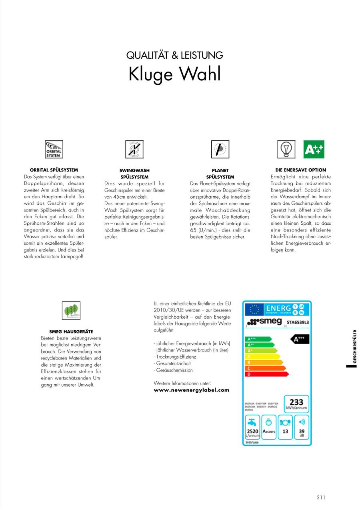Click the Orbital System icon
click(54, 150)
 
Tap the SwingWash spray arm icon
click(134, 150)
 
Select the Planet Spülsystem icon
click(220, 150)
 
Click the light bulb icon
click(286, 150)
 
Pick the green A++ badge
click(314, 150)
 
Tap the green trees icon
click(71, 311)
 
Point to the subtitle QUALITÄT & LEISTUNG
click(175, 55)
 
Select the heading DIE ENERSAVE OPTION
click(301, 170)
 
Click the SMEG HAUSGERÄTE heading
click(71, 331)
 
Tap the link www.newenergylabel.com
click(192, 390)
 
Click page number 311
click(321, 497)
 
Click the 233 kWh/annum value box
click(296, 404)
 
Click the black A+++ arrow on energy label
click(299, 339)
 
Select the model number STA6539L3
click(297, 322)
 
